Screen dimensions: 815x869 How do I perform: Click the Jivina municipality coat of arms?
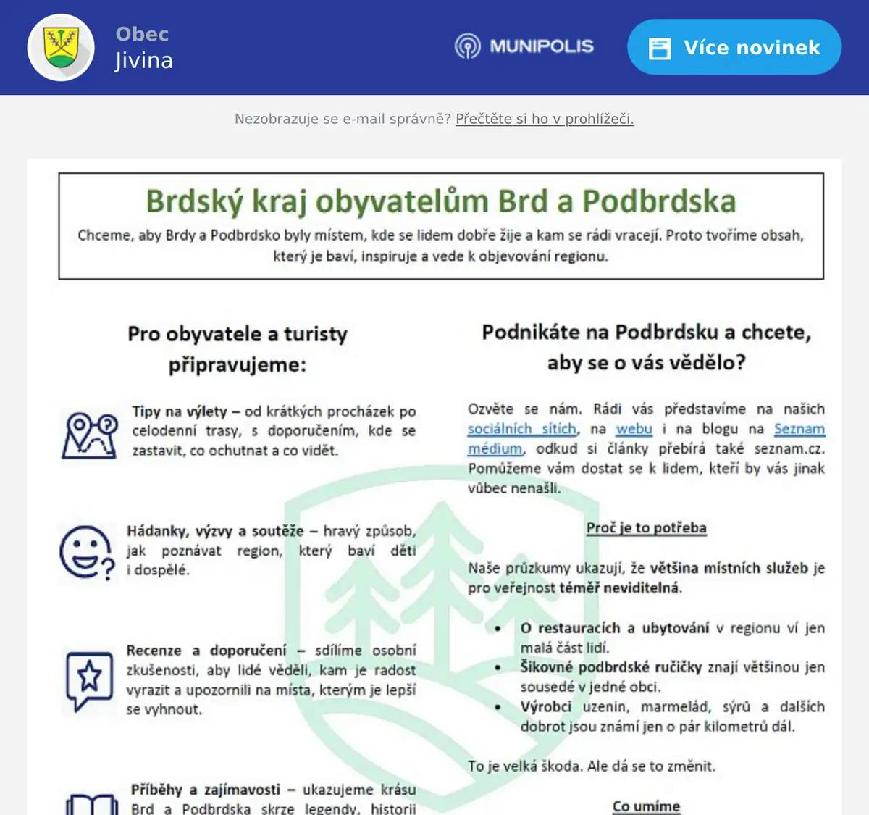61,47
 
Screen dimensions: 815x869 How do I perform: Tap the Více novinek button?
734,47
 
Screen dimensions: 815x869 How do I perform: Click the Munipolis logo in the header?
524,46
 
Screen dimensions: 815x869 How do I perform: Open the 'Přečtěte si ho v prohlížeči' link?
545,119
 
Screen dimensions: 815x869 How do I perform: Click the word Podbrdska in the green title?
659,201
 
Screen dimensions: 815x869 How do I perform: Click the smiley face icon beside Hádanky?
87,553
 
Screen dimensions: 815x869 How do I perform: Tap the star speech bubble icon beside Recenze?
90,679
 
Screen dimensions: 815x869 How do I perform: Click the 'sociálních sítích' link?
522,429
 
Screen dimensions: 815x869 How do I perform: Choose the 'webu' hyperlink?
634,429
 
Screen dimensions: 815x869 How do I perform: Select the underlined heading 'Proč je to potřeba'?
646,527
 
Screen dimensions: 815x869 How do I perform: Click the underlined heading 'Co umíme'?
646,806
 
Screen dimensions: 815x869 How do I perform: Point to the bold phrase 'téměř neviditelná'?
621,588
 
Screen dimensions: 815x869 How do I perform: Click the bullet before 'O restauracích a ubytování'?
498,628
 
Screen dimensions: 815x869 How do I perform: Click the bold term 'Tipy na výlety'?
180,411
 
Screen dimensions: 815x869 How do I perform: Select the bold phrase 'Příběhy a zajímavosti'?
206,790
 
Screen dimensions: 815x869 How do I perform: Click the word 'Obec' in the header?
142,34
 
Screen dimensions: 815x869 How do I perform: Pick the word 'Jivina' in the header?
144,61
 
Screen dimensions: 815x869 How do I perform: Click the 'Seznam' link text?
799,429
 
